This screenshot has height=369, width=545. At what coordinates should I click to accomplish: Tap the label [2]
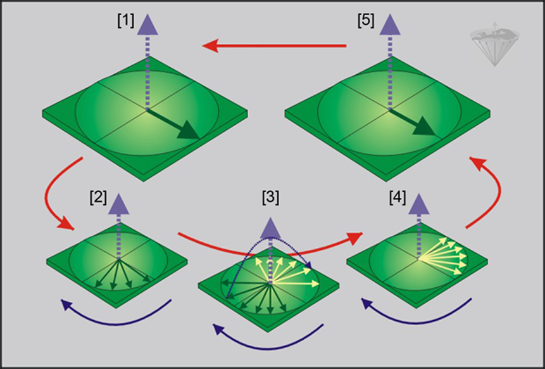[98, 197]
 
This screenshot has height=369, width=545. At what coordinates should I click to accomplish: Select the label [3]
[270, 197]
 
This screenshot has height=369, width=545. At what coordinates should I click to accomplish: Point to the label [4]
[399, 197]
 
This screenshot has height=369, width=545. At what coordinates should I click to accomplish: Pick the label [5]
[365, 21]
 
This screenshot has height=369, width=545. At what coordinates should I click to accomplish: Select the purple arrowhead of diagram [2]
[118, 202]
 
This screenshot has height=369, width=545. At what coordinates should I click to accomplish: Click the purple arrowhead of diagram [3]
[271, 226]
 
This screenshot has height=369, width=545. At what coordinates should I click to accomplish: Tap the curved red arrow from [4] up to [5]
[491, 190]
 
